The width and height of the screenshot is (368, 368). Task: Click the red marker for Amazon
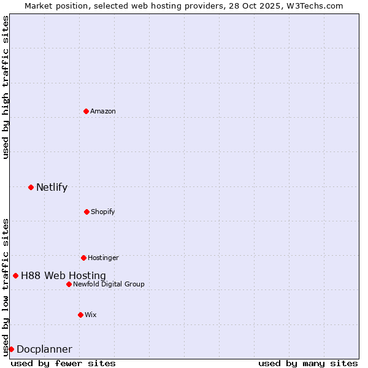[86, 111]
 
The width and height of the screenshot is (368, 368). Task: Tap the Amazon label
[103, 111]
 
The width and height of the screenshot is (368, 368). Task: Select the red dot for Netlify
[31, 187]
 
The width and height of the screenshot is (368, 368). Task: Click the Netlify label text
[52, 188]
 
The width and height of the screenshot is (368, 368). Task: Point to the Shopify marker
[86, 212]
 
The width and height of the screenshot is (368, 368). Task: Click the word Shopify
[102, 212]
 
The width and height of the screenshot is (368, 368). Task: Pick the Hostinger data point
[83, 258]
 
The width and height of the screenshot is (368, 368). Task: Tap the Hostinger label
[103, 258]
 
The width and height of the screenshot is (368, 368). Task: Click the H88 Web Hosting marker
[15, 275]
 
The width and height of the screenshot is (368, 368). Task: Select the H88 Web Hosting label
[63, 276]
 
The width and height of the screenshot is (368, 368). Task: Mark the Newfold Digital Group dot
[69, 284]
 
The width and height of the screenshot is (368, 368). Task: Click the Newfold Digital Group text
[109, 284]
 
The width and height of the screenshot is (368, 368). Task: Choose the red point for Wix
[80, 315]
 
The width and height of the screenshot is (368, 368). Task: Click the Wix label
[91, 315]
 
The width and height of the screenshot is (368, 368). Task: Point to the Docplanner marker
[11, 349]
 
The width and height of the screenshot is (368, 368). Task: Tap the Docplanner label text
[44, 350]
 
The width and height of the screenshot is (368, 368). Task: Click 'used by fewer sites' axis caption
[63, 363]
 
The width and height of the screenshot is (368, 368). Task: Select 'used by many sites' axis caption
[308, 363]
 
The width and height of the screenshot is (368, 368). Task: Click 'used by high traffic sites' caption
[6, 87]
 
